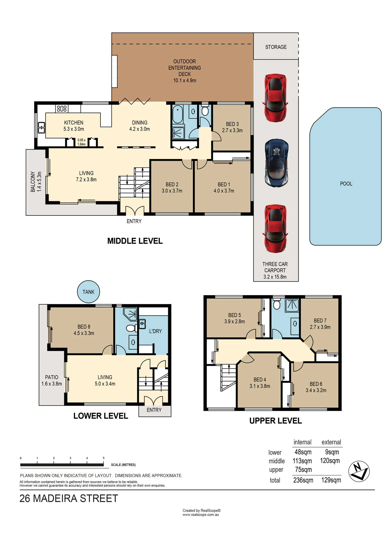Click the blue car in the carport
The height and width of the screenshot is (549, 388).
coord(276,163)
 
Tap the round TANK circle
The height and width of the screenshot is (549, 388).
coord(88,292)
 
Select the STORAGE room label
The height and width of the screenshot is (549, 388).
coord(276,47)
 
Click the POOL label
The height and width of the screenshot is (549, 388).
coord(346,184)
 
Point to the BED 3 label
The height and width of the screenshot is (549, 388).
coord(232,124)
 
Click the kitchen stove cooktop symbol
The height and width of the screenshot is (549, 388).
coord(62,109)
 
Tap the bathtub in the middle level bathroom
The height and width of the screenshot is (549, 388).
coord(178,114)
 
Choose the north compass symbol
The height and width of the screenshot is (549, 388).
coord(359,471)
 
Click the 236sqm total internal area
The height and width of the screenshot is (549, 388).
coord(303,480)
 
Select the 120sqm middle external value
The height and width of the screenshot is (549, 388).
coord(330,461)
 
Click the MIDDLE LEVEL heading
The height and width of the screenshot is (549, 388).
coord(135,241)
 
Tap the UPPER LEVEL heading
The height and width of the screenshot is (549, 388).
coord(275,421)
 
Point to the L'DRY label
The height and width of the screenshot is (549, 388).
coord(155,331)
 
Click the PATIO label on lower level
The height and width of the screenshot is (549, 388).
coord(52,377)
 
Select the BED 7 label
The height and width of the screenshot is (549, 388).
coord(320,321)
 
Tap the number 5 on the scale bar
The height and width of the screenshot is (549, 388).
coord(103,458)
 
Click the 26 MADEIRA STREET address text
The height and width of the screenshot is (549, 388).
coord(69,498)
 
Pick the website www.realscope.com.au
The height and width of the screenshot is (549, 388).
coord(201,515)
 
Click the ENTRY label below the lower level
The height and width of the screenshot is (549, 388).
coord(154,410)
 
